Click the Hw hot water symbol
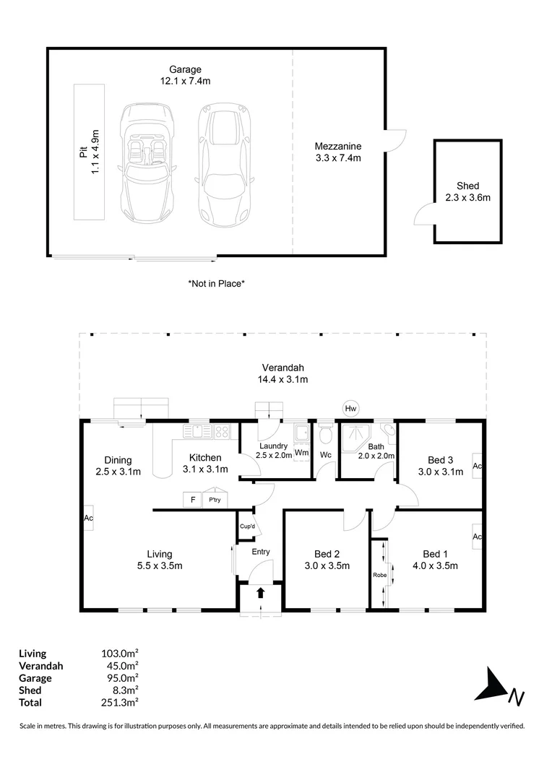pos(351,409)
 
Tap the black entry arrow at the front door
pos(260,593)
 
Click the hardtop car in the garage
pos(225,165)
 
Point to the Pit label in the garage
pos(83,152)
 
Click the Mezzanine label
pos(338,146)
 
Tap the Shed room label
pos(468,186)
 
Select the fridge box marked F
pos(193,500)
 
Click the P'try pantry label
pos(215,500)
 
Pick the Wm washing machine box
pos(301,453)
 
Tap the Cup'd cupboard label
pos(247,526)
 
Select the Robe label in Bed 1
pos(380,575)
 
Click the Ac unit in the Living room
pos(88,518)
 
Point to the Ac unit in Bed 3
pos(477,466)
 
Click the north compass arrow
pos(491,685)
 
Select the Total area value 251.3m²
pos(119,703)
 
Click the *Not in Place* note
pos(217,284)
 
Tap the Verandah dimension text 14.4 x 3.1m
pos(283,380)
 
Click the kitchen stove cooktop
pos(222,430)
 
